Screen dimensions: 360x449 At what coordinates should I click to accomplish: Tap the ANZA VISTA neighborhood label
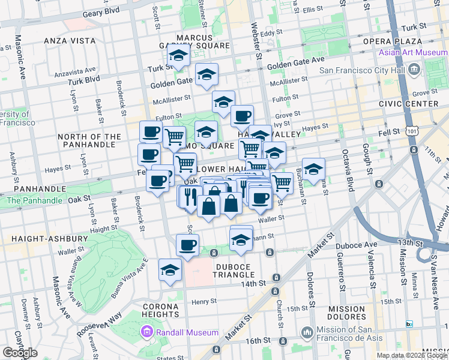[x=70, y=41]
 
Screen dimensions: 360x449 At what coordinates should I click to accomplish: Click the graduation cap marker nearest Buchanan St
[x=313, y=169]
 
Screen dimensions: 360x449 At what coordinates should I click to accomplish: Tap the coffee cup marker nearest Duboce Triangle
[x=187, y=244]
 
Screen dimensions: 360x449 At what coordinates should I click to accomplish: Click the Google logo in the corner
[x=20, y=353]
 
